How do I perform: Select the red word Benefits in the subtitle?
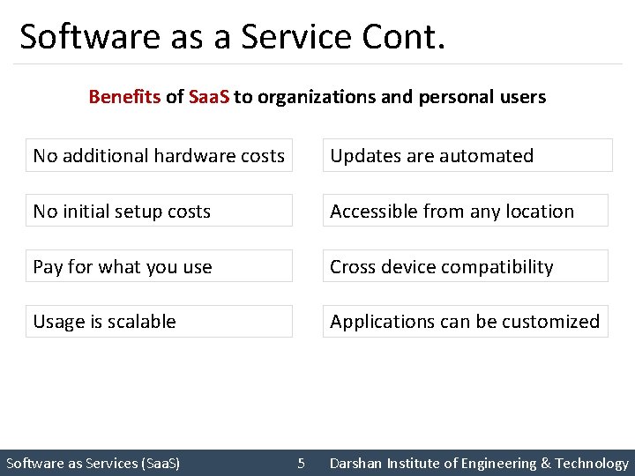(x=124, y=97)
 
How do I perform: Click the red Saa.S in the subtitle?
(x=209, y=97)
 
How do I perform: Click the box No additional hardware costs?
(x=159, y=156)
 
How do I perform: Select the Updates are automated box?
(x=467, y=156)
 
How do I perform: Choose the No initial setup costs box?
(x=159, y=212)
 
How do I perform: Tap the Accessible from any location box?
(x=465, y=212)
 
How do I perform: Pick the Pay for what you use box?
(x=159, y=267)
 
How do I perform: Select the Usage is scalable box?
(x=159, y=322)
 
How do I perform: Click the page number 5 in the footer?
(x=301, y=464)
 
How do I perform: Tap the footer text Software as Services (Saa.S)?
(x=93, y=464)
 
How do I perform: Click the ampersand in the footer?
(x=546, y=464)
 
